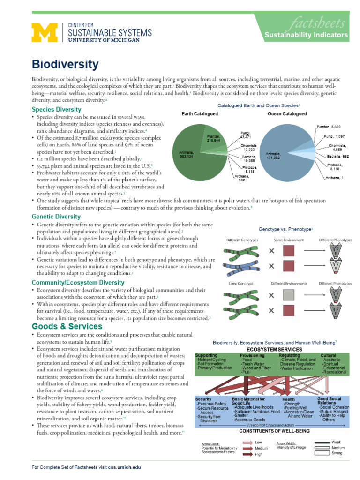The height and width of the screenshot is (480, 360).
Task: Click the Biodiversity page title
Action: coord(65,65)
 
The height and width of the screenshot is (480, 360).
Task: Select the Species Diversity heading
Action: coord(56,109)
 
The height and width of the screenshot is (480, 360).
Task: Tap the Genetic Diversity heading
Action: coord(56,217)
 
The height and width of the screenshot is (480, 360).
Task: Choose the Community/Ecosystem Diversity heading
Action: coord(78,283)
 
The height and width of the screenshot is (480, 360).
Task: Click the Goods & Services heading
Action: coord(67,326)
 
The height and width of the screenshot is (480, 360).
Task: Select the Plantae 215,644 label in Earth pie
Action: coord(214,137)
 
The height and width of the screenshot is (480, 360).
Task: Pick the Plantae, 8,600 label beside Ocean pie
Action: coord(332,127)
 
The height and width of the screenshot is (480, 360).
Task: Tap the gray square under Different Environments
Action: coord(289,295)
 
